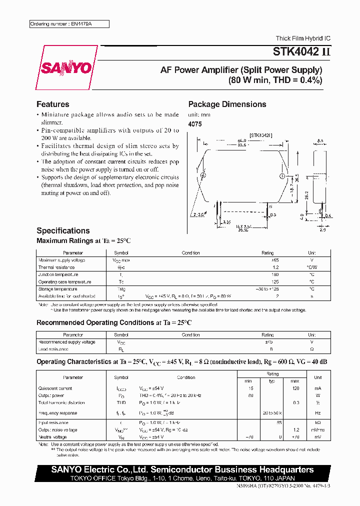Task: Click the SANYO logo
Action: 66,67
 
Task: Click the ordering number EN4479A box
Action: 68,24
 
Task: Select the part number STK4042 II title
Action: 301,51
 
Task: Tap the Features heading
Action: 52,104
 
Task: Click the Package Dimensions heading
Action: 227,104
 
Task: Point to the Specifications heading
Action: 63,230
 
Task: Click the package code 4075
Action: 195,124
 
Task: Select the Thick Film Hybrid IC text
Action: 303,38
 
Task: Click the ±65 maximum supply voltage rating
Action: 274,260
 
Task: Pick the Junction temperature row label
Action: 58,274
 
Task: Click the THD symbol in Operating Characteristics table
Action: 121,402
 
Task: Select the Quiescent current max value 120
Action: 296,388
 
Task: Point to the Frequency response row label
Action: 58,413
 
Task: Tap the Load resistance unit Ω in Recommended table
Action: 311,349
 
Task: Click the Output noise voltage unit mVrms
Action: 318,429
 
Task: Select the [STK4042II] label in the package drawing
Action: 260,135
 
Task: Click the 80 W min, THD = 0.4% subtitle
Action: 275,80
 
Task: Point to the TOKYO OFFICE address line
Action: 182,478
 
